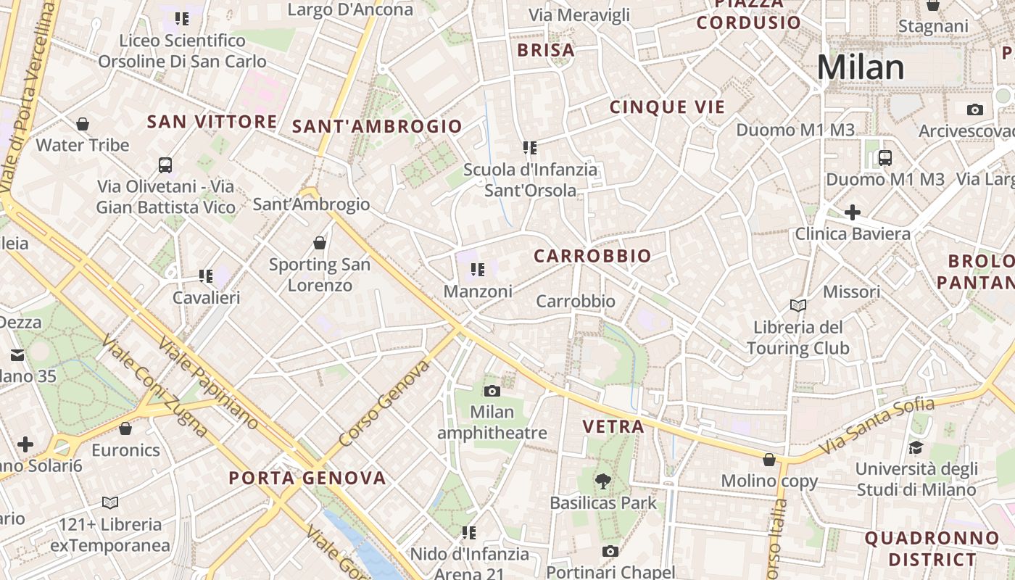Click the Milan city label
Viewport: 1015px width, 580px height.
861,68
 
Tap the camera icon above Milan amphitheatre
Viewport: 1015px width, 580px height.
492,391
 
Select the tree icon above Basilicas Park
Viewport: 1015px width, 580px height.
602,481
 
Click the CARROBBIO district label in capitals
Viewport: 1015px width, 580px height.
592,257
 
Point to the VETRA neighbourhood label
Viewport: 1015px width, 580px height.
613,427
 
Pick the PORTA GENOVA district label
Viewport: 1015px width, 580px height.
307,478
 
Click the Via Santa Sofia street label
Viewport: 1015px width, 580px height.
876,427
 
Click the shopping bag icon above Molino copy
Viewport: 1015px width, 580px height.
769,460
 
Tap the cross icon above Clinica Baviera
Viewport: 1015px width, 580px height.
853,212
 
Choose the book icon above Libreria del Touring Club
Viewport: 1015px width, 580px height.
798,306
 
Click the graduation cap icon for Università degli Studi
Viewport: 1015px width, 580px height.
916,447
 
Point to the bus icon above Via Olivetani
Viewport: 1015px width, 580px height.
165,165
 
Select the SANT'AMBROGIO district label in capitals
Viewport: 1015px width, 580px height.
377,127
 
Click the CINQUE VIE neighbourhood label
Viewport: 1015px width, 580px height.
667,108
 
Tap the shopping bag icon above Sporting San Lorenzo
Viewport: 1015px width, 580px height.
320,243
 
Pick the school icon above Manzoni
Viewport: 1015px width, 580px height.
477,270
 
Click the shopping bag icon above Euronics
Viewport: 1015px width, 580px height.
125,428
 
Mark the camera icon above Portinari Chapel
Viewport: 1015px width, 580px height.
610,551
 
